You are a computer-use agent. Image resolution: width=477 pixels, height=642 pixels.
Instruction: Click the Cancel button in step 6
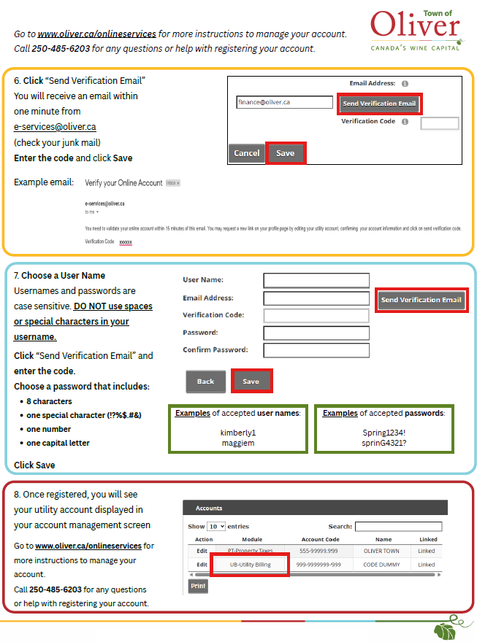coord(247,153)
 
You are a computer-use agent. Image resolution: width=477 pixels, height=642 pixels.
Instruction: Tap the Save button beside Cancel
coord(285,153)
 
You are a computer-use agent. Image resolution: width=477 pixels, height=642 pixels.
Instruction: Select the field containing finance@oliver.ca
coord(284,103)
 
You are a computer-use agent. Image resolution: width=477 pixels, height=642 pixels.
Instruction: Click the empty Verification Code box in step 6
coord(440,123)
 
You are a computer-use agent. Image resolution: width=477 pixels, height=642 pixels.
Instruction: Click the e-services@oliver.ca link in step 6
coord(55,127)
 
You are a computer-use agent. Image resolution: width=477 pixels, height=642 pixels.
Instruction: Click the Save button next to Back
coord(251,382)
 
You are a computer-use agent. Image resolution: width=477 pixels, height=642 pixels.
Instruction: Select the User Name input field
coord(316,280)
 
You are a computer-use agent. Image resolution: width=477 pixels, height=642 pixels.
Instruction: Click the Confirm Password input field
coord(316,350)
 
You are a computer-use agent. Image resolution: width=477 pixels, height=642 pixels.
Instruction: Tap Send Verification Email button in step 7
coord(421,300)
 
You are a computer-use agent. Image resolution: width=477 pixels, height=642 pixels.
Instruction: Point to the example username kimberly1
coord(238,433)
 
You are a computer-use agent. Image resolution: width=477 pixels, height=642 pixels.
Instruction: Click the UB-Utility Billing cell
coord(250,565)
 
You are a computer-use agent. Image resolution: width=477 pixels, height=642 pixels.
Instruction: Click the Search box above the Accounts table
coord(398,526)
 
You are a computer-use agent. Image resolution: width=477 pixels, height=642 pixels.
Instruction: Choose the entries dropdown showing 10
coord(215,526)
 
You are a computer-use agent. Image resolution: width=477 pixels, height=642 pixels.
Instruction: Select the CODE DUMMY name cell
coord(381,565)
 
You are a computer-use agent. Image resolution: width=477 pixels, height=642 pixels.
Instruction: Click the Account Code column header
coord(320,540)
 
